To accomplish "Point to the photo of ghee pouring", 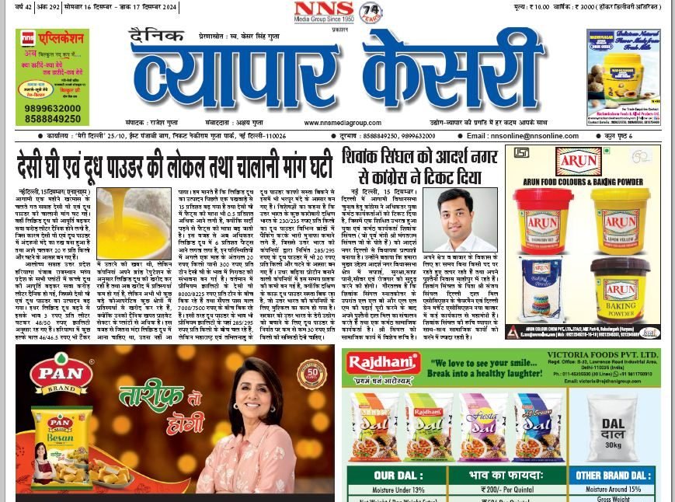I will click(x=134, y=224).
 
